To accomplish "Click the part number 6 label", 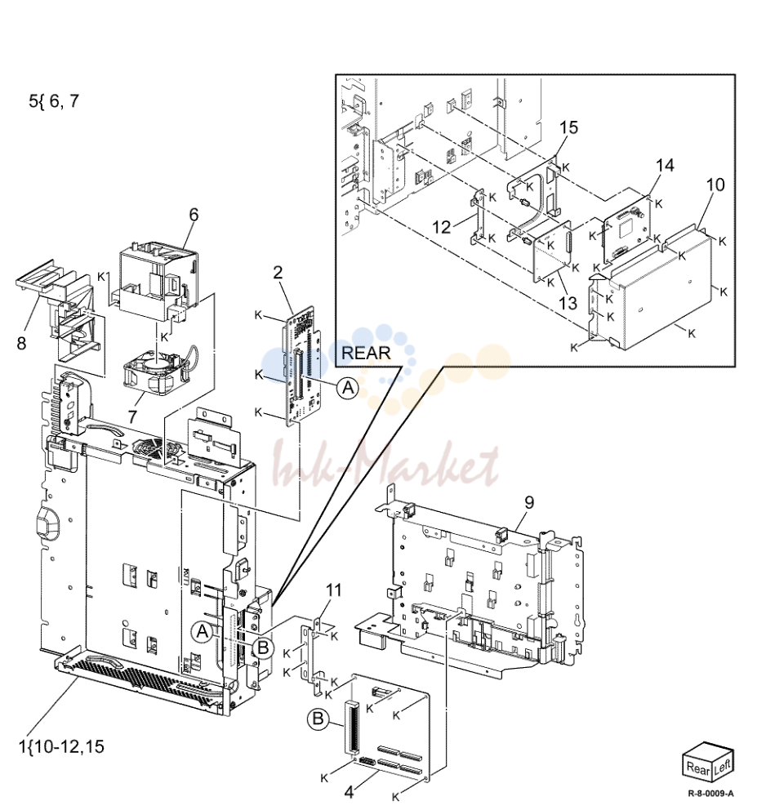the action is (194, 215).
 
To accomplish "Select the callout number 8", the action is (22, 343).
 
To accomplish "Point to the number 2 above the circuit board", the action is (278, 272).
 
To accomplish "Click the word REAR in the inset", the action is (367, 353).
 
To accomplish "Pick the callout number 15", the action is (568, 127).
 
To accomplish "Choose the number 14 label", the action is (665, 165).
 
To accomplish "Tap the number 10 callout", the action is (715, 185).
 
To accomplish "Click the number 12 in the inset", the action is (442, 227).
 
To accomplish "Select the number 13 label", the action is (568, 303).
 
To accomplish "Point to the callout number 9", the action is (529, 502).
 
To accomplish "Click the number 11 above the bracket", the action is (334, 590).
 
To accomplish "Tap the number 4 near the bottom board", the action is (350, 792).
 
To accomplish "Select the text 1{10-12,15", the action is (61, 746).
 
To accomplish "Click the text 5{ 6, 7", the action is (54, 100).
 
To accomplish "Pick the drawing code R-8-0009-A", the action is (711, 794).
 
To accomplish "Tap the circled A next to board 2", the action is (348, 387).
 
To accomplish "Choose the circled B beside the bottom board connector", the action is (318, 719).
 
